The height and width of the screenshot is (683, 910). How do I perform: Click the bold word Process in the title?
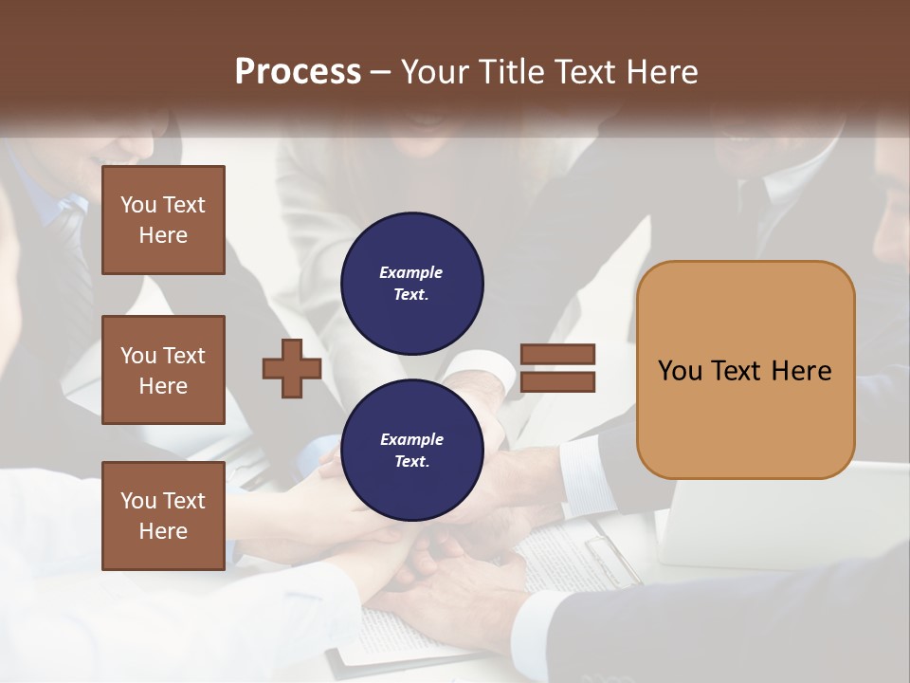298,72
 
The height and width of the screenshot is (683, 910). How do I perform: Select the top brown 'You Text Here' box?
163,220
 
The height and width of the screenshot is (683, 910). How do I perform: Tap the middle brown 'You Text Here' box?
163,370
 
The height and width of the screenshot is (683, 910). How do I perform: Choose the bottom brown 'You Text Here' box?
163,516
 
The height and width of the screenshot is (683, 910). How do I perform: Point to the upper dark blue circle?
411,283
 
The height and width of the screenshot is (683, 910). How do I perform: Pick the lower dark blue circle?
411,450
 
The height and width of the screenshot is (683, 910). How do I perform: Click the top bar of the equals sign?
557,355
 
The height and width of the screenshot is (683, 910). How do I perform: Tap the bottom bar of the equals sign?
557,382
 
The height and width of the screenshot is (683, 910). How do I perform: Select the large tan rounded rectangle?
745,370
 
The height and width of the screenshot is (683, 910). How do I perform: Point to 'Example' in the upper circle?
411,272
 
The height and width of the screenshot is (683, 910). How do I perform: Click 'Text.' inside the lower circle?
411,462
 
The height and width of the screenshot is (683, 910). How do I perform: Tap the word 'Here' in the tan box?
801,371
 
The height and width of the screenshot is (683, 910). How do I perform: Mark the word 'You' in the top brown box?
138,205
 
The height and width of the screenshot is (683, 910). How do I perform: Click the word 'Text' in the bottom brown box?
184,501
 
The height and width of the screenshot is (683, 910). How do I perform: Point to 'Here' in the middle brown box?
163,386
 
